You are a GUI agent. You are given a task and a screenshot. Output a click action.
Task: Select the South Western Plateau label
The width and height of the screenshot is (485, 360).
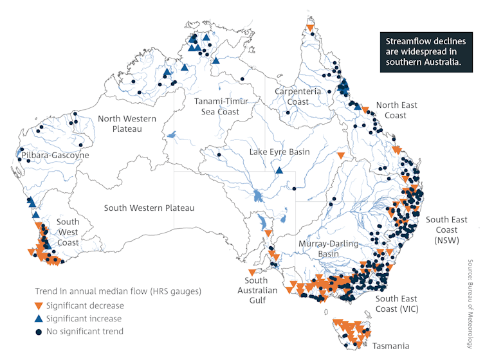149,208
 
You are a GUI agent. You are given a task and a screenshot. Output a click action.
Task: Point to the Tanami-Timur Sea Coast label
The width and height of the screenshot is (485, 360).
218,107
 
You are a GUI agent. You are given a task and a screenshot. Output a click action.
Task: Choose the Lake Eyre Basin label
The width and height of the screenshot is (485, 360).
280,152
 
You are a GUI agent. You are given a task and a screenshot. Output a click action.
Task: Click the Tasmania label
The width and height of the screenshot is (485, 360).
390,346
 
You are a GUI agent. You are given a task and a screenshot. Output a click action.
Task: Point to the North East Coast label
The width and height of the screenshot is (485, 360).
396,111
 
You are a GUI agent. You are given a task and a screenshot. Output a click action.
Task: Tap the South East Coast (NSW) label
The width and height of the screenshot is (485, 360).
446,230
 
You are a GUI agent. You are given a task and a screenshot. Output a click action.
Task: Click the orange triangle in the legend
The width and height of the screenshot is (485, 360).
39,305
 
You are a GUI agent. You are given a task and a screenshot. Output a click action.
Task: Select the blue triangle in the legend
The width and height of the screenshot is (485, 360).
39,318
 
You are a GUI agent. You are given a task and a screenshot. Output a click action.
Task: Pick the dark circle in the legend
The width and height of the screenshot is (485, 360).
39,332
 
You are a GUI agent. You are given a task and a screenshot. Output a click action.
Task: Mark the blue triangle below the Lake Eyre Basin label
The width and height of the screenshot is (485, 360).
279,170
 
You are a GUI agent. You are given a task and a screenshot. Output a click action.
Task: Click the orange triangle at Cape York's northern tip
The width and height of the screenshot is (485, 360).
311,28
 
